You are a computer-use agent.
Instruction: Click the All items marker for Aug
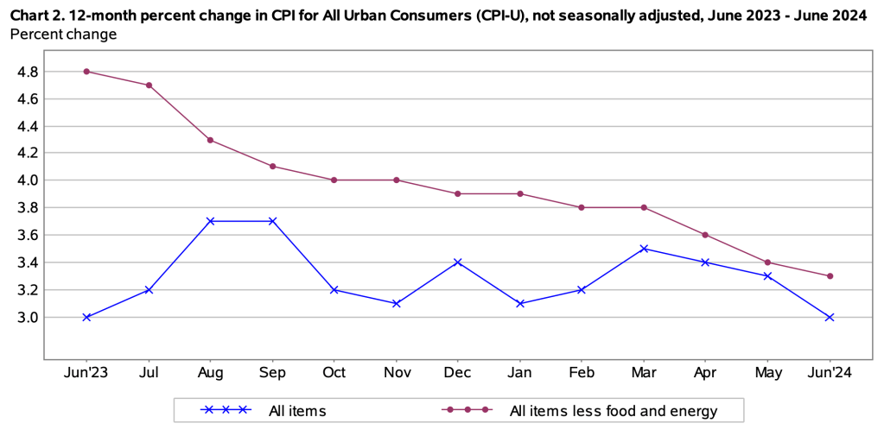click(211, 221)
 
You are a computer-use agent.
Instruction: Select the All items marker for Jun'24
click(830, 317)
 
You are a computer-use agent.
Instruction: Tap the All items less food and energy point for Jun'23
click(86, 71)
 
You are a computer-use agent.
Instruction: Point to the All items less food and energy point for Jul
click(149, 85)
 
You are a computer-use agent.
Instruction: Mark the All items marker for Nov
click(397, 303)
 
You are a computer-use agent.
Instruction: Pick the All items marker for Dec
click(458, 262)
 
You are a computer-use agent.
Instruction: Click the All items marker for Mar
click(644, 249)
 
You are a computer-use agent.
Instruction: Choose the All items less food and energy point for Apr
click(706, 235)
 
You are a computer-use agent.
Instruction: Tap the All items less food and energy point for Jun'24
click(830, 276)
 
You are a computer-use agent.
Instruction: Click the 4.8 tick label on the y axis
click(29, 72)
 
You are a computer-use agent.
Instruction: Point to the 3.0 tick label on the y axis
click(29, 318)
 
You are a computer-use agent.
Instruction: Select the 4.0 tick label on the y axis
click(29, 180)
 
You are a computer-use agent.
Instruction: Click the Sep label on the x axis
click(272, 372)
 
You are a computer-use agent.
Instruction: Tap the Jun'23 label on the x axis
click(86, 372)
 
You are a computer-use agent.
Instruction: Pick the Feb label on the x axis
click(582, 372)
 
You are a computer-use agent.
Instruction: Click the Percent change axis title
click(63, 35)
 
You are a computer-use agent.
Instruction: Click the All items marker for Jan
click(520, 303)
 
